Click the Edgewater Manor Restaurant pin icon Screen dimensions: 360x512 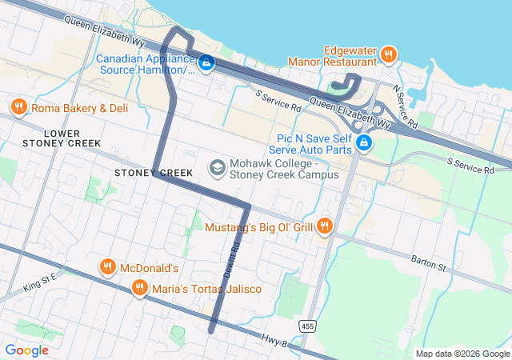pyautogui.click(x=388, y=54)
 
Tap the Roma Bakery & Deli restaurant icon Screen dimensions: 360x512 pyautogui.click(x=18, y=107)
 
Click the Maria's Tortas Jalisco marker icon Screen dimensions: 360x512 pyautogui.click(x=140, y=288)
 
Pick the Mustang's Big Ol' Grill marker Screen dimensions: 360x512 pyautogui.click(x=324, y=226)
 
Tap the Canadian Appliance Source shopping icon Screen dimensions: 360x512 pyautogui.click(x=206, y=62)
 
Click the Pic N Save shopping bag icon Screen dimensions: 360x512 pyautogui.click(x=364, y=142)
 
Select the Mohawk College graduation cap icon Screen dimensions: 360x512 pyautogui.click(x=216, y=167)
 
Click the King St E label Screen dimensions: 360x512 pyautogui.click(x=41, y=281)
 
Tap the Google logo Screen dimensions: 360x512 pyautogui.click(x=26, y=350)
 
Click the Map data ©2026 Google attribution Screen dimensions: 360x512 pyautogui.click(x=462, y=354)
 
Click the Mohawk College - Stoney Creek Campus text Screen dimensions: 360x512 pyautogui.click(x=284, y=169)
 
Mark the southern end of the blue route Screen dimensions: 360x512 pyautogui.click(x=212, y=330)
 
